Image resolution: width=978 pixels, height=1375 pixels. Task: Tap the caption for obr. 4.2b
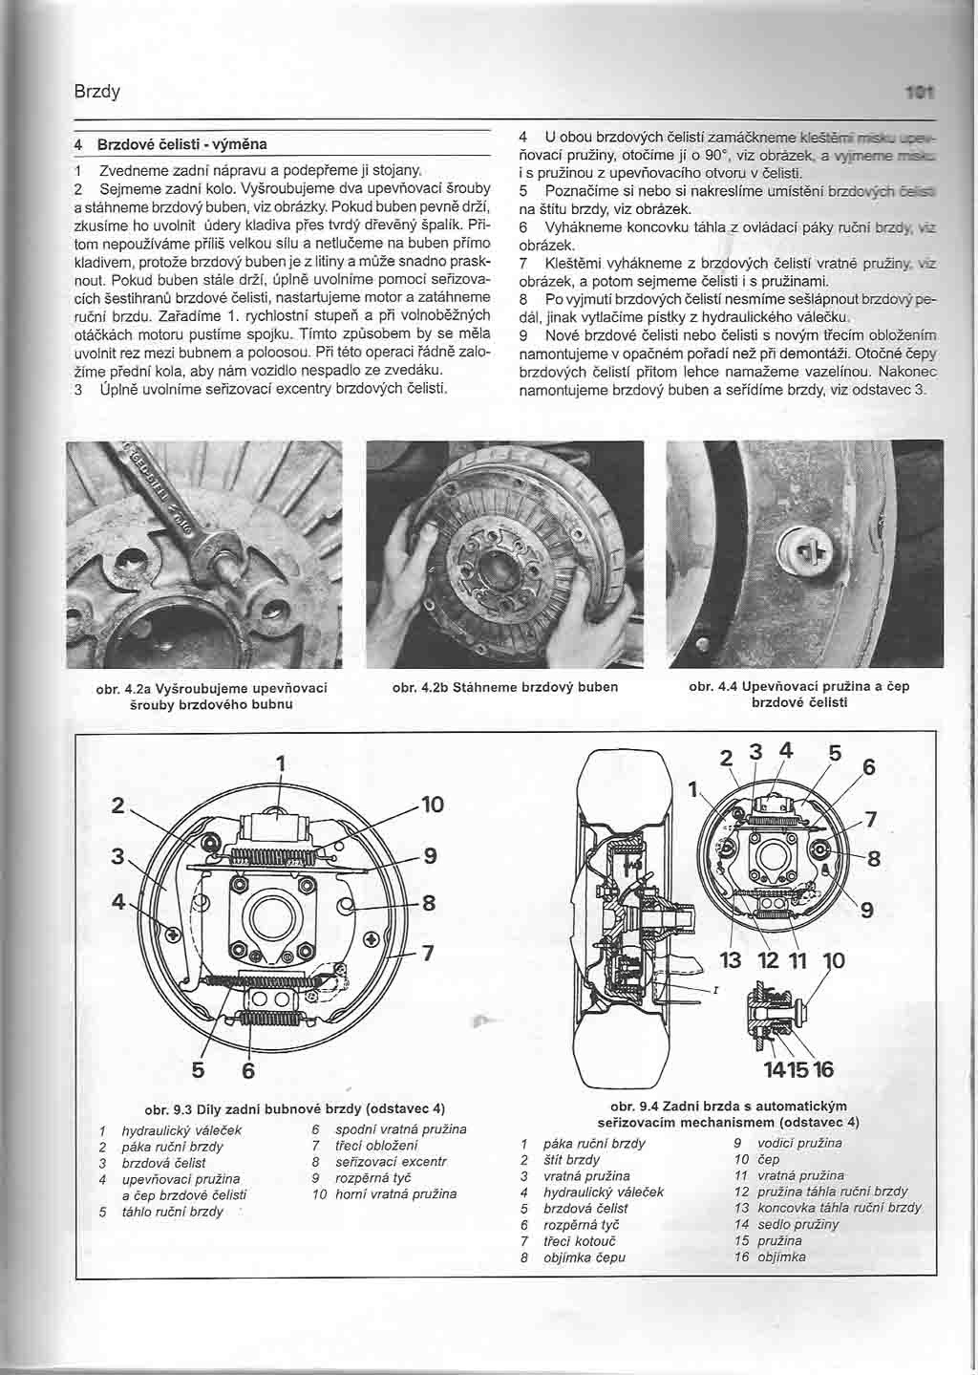[504, 687]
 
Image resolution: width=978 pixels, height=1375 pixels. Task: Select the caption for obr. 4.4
[799, 694]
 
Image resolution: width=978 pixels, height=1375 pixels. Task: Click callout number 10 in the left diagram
[432, 805]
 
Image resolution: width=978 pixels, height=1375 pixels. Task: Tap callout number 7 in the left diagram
[427, 953]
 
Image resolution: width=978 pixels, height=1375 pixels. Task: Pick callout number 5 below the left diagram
[199, 1071]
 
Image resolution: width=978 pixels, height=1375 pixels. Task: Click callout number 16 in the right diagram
[823, 1067]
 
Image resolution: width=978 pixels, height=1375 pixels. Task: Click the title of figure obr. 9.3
[294, 1109]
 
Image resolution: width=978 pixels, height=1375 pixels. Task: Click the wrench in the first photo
[177, 512]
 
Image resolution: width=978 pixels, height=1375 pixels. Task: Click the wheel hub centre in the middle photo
[503, 575]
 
